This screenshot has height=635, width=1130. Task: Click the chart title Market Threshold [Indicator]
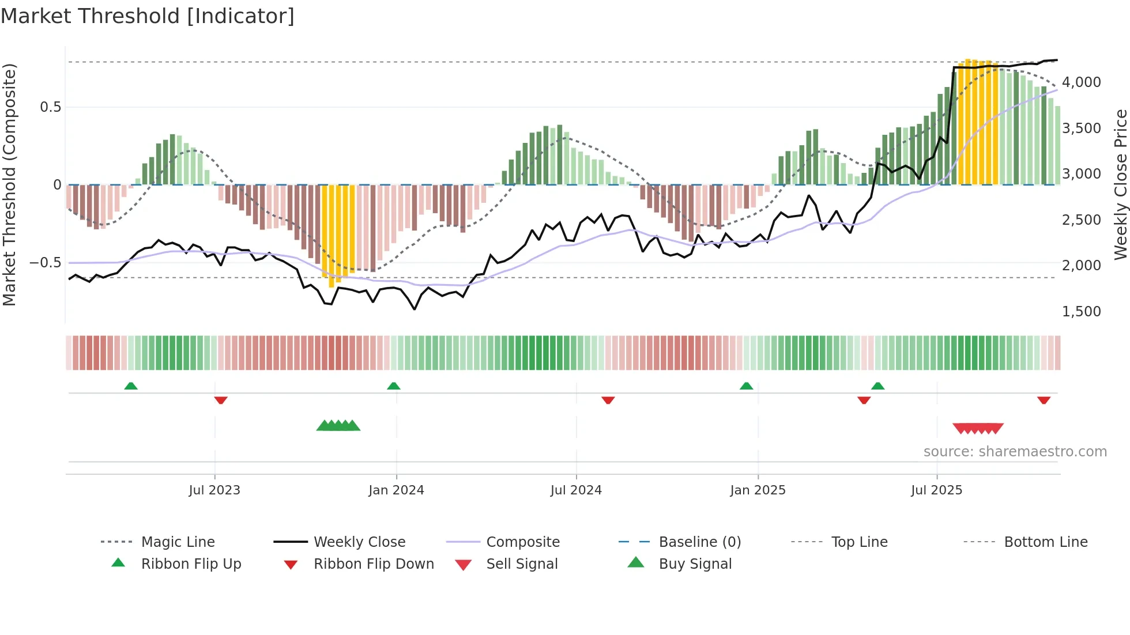tap(148, 16)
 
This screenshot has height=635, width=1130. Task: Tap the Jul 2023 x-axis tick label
tap(214, 490)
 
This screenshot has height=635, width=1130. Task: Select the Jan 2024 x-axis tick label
tap(396, 490)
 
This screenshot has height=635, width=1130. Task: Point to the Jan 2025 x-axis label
tap(758, 490)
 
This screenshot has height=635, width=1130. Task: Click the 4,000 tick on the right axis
tap(1081, 82)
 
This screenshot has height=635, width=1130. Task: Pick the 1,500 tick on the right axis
tap(1081, 312)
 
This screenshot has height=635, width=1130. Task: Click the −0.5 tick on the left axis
tap(46, 263)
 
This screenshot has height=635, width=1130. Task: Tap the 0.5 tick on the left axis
tap(50, 107)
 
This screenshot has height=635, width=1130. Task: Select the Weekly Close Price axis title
tap(1120, 184)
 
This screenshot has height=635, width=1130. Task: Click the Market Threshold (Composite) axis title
tap(9, 184)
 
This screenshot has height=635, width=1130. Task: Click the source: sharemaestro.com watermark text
tap(1015, 452)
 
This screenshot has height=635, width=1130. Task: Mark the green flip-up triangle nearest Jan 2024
tap(394, 386)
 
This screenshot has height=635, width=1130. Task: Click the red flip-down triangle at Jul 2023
tap(221, 400)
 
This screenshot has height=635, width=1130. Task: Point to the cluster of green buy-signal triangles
tap(338, 426)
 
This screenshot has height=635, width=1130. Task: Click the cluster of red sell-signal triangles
tap(978, 428)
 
